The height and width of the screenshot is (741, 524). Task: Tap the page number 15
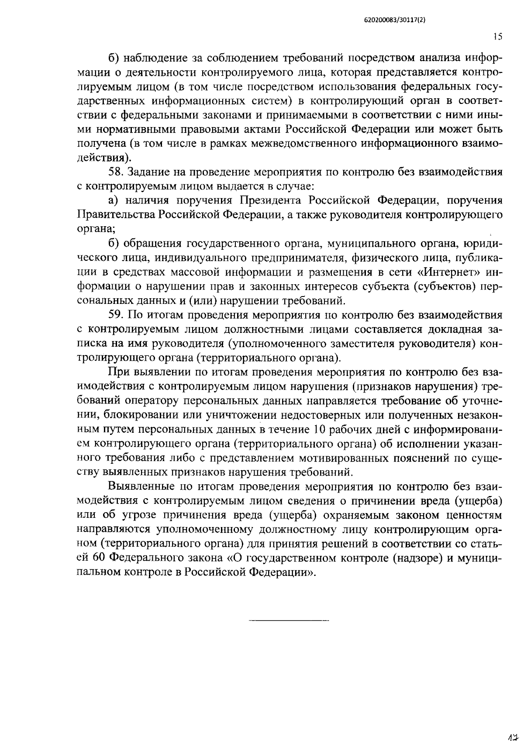click(x=497, y=37)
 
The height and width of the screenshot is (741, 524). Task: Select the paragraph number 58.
click(x=116, y=172)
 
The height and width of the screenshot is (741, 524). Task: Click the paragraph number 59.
click(x=116, y=315)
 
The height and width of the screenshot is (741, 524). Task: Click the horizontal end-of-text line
click(x=288, y=620)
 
